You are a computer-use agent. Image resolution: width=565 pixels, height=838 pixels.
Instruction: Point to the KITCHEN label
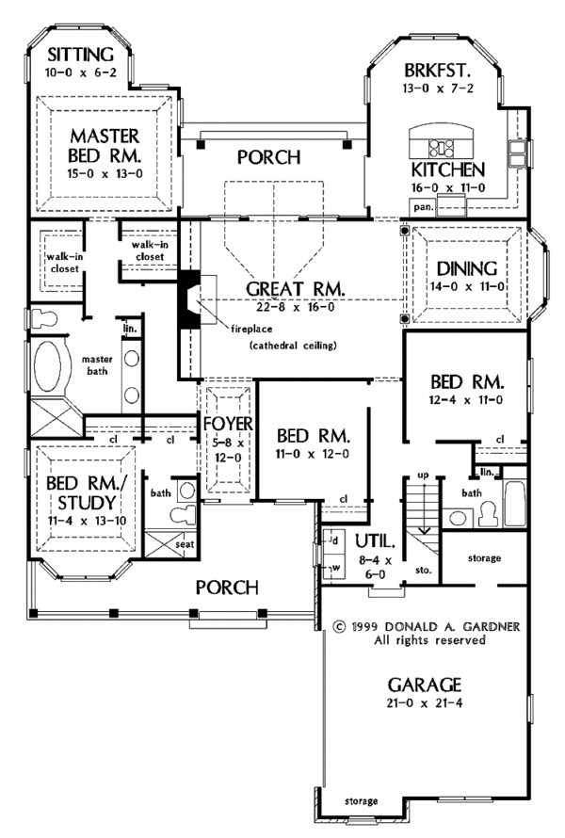(448, 170)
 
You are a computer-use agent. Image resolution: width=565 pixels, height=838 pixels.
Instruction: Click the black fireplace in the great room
(191, 299)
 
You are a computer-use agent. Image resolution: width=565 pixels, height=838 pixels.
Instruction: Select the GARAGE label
(428, 684)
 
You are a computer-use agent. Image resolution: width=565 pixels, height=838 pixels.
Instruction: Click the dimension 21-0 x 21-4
(429, 702)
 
